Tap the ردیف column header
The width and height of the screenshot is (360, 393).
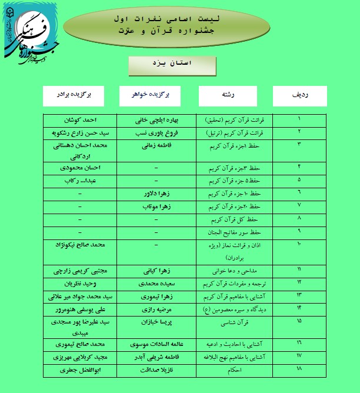299,95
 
